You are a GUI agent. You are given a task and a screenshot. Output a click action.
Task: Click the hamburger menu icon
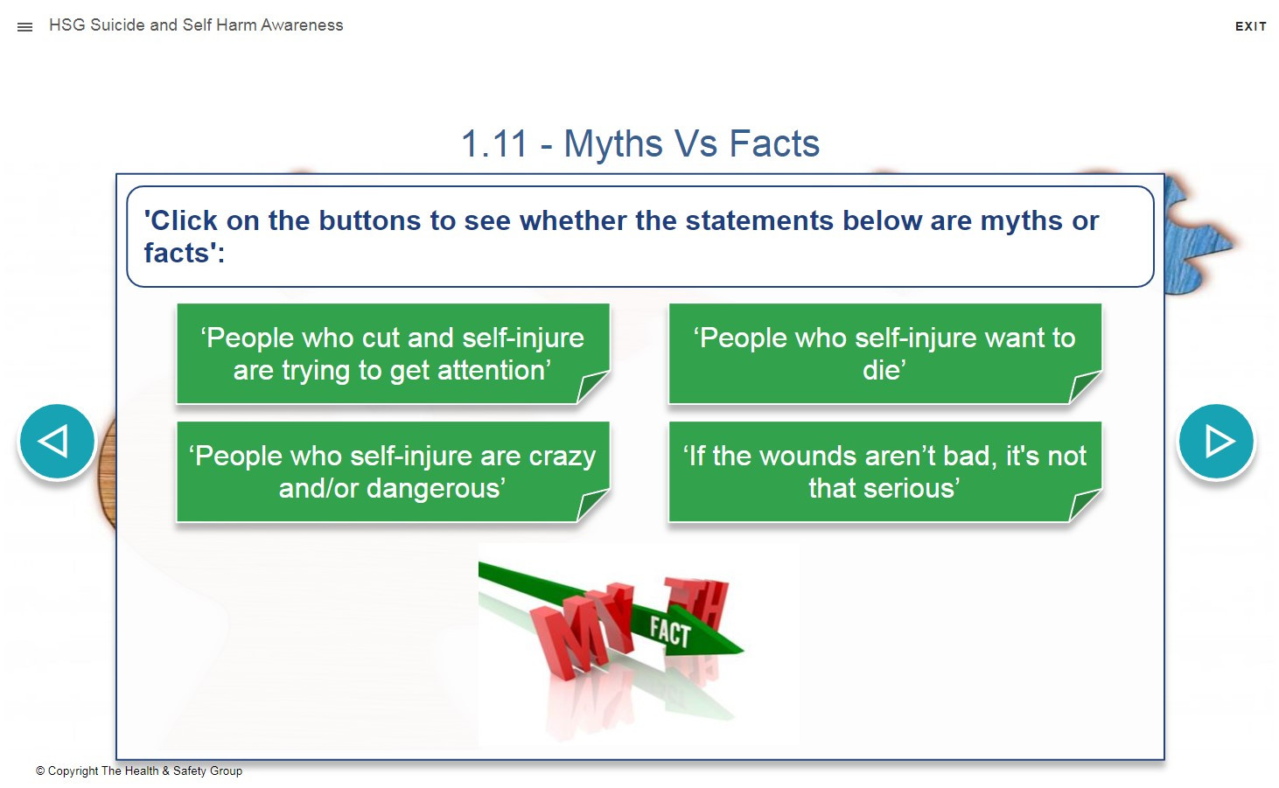click(x=24, y=27)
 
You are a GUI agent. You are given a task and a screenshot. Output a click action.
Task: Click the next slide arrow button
click(x=1216, y=441)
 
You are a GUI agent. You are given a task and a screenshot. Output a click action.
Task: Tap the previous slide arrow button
click(x=57, y=441)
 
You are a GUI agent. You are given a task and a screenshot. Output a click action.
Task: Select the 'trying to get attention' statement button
click(x=393, y=354)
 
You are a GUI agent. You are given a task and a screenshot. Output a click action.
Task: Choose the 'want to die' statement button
click(x=885, y=354)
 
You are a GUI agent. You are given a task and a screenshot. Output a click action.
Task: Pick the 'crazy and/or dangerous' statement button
click(x=393, y=471)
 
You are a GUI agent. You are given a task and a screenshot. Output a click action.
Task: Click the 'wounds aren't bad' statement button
click(x=885, y=471)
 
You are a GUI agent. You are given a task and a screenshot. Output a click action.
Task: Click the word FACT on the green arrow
click(x=670, y=631)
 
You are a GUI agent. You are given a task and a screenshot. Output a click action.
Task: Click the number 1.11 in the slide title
click(x=494, y=143)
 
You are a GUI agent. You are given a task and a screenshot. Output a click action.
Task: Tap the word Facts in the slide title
click(x=774, y=143)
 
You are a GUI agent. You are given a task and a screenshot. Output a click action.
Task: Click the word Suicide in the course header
click(x=117, y=25)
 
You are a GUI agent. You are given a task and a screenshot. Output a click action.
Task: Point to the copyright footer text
click(x=139, y=771)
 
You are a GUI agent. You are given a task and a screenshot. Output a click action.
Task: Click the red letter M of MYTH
click(x=565, y=637)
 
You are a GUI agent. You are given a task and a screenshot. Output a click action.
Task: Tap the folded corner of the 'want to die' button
click(x=1082, y=387)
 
